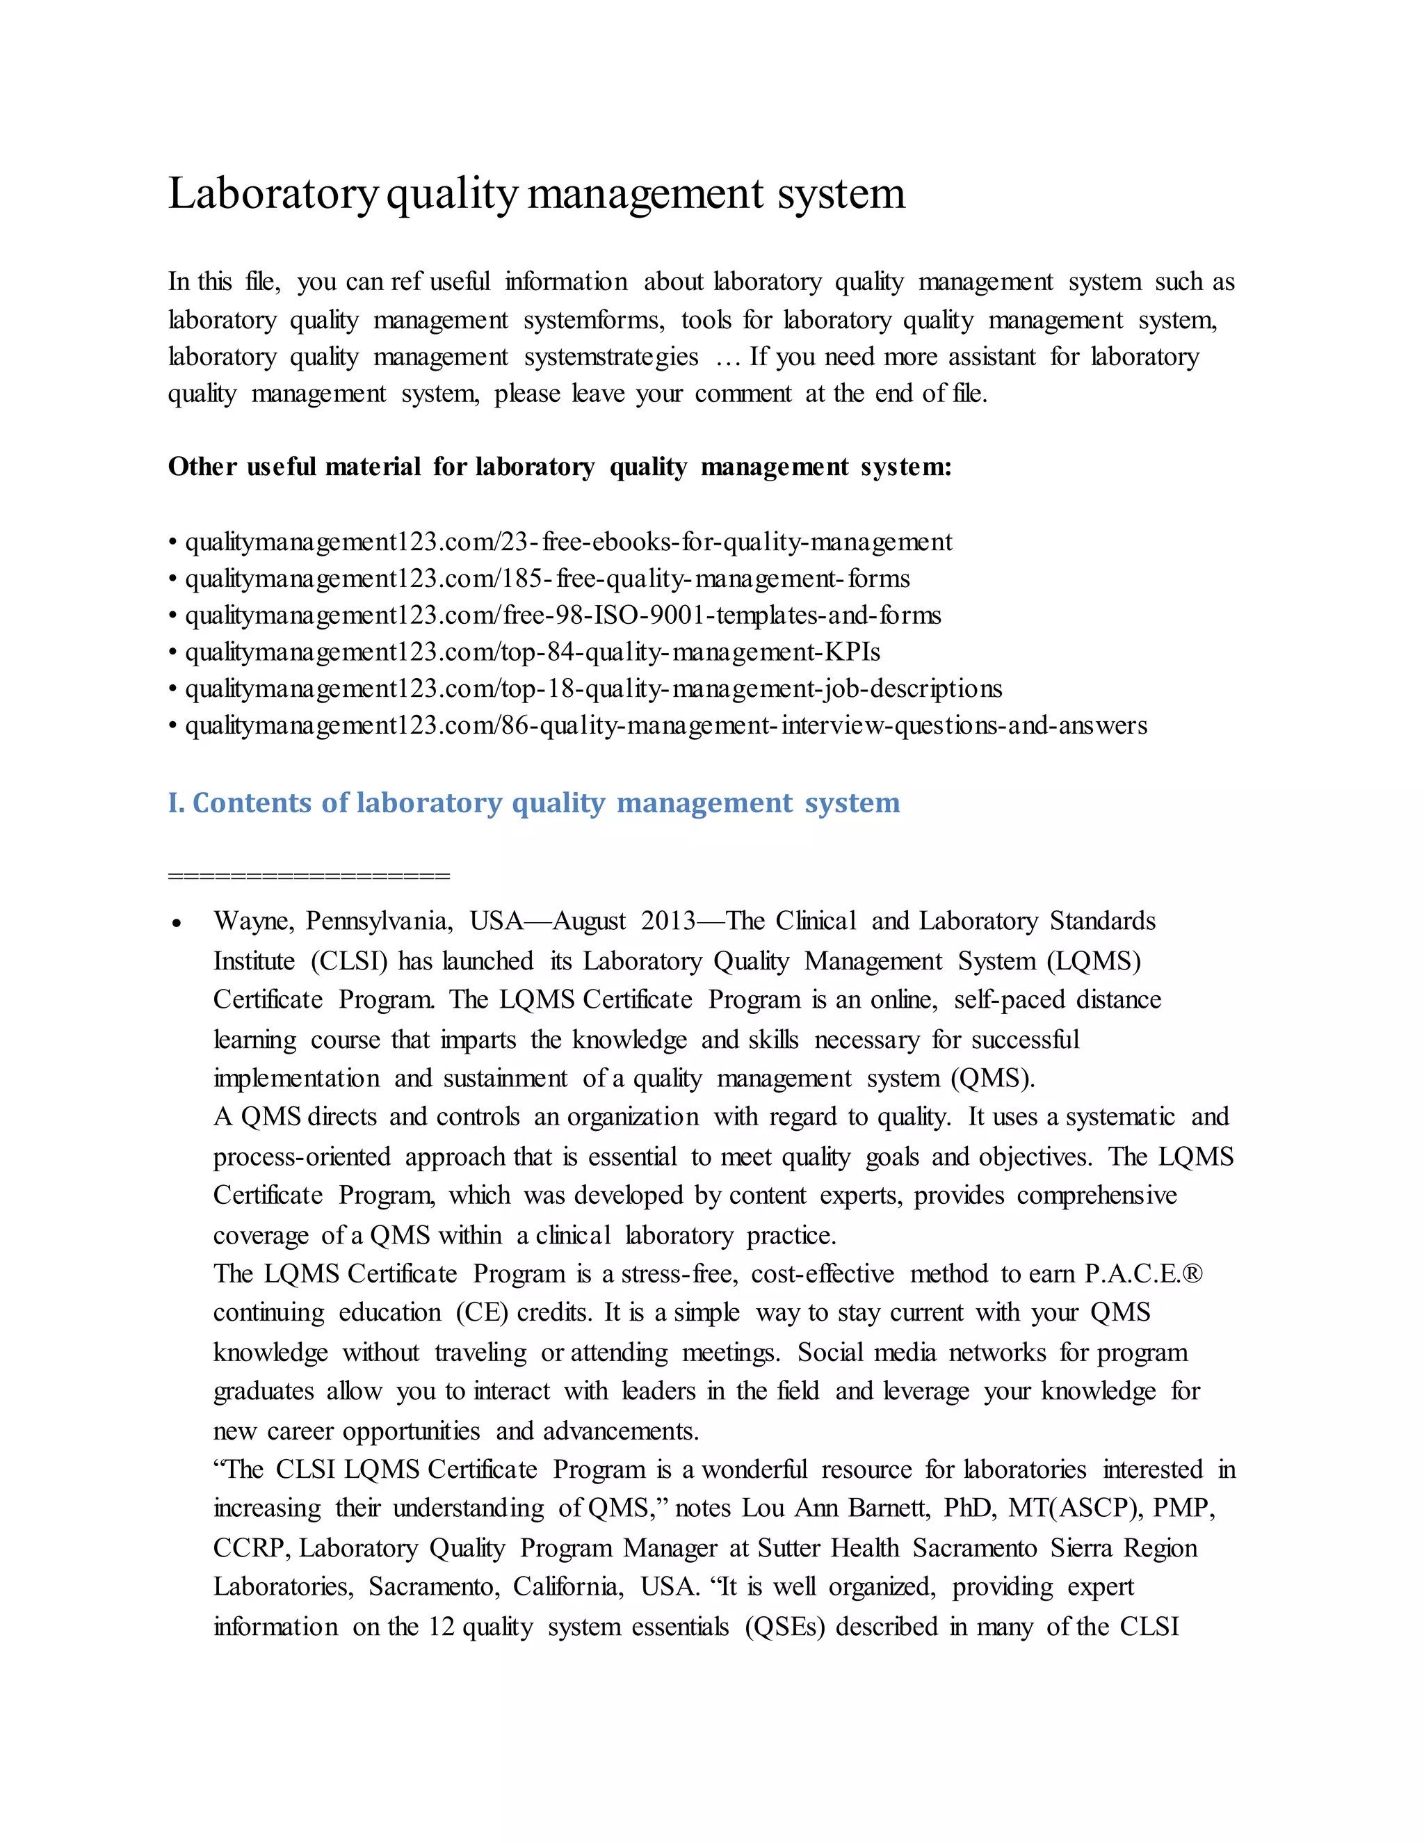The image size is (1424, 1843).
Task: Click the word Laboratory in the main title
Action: pos(273,194)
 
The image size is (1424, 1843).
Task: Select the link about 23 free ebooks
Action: pos(569,542)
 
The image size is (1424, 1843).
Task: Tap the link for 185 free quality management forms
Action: pos(547,579)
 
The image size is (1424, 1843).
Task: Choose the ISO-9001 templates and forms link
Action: pos(563,615)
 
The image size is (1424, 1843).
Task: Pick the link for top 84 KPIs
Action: pos(533,652)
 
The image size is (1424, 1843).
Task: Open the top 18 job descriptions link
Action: pos(593,689)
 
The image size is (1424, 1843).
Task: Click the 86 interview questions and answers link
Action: pos(665,725)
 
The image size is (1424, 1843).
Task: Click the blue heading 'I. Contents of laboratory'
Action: pos(533,803)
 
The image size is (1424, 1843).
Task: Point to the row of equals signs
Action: pos(309,876)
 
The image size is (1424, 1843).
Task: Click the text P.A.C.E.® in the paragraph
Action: pos(1143,1273)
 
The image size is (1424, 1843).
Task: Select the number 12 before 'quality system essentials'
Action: pos(442,1626)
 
